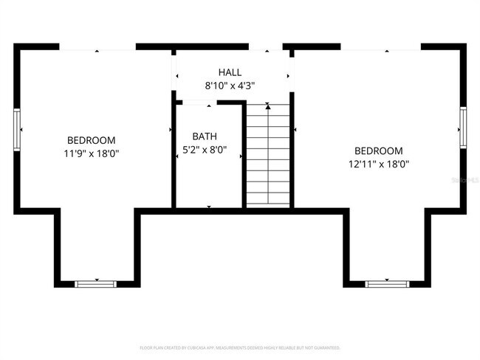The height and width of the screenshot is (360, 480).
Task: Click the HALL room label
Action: tap(230, 72)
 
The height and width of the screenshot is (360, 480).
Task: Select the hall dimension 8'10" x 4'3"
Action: tap(230, 86)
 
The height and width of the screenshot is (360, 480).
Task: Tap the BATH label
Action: tap(205, 136)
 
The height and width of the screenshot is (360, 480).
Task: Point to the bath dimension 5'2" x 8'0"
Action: tap(205, 150)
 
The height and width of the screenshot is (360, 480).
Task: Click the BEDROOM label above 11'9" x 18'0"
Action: tap(92, 140)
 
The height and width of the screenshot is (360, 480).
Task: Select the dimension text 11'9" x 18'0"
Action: tap(92, 153)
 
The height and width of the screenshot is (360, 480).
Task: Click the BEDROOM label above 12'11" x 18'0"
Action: tap(378, 150)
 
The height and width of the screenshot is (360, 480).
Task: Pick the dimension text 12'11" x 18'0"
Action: tap(378, 165)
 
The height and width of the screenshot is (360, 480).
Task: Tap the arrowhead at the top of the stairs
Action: tap(268, 108)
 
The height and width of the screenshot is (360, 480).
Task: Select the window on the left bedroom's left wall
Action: tap(16, 129)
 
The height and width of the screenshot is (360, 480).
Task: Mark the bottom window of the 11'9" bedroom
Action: tap(96, 283)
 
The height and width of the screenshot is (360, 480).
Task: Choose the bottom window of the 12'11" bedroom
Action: tap(386, 283)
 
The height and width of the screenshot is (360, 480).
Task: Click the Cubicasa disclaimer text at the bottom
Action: tap(240, 347)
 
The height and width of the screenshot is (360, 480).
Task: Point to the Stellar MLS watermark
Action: tap(465, 179)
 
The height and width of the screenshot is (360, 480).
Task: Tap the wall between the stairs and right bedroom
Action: tap(292, 155)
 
